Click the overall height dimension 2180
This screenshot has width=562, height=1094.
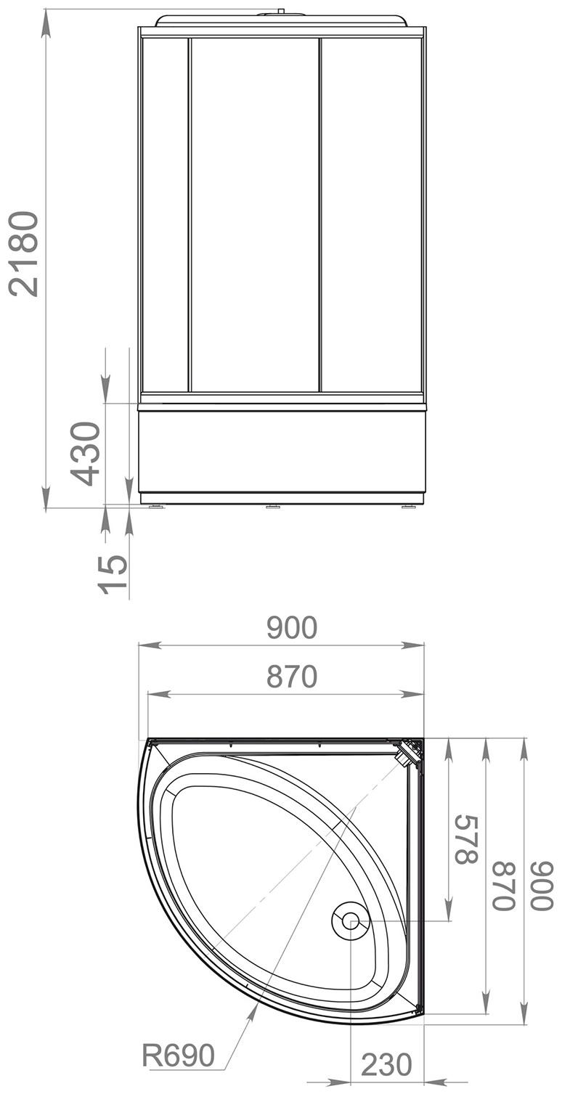click(x=23, y=253)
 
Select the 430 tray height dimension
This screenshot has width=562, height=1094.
click(x=86, y=454)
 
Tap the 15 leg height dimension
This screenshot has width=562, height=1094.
click(x=113, y=573)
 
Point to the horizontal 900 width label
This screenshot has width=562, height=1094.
click(x=292, y=628)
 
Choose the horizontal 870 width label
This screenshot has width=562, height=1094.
click(x=292, y=677)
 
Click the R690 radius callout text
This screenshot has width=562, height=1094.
click(x=178, y=1055)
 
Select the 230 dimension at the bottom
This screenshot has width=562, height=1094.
click(x=386, y=1065)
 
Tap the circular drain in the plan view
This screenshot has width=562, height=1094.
click(x=350, y=921)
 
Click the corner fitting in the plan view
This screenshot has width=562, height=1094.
click(x=410, y=751)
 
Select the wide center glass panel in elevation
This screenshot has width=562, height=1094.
click(x=255, y=214)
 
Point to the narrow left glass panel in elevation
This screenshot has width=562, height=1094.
click(x=166, y=214)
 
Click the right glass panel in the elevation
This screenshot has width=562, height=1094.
click(x=370, y=214)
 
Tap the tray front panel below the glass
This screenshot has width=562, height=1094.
click(x=282, y=450)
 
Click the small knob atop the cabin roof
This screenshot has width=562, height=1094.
click(x=281, y=11)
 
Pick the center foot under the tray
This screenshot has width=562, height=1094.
click(x=273, y=507)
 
